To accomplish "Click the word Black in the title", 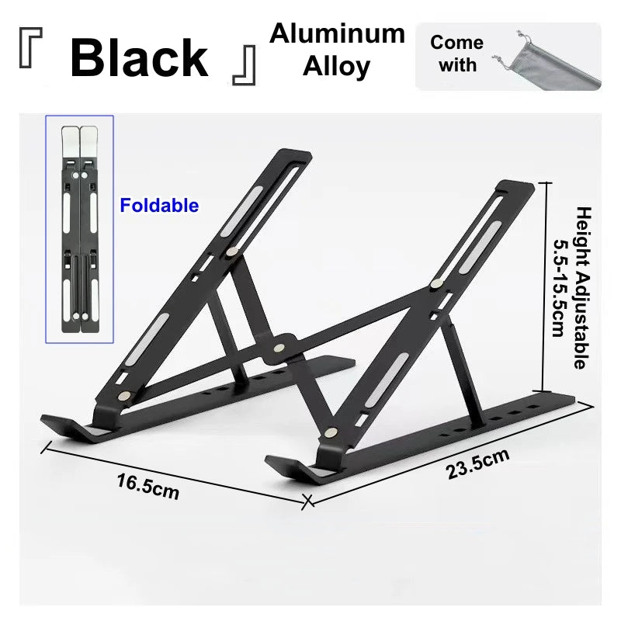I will point(139,57).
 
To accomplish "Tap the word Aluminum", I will point(337,33).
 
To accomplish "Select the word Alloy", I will point(337,67).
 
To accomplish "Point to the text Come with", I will point(456,53).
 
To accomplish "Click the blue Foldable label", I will point(159,206).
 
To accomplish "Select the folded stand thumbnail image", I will point(79,229).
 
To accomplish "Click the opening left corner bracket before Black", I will point(30,58).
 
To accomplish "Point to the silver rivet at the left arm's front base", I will point(125,397).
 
